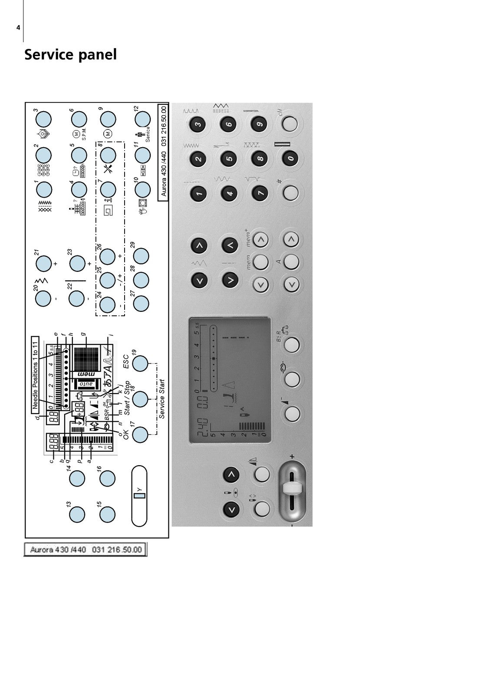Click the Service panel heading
point(70,55)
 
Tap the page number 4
point(18,28)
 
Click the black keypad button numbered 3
point(198,125)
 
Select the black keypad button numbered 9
point(259,125)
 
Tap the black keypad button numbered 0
point(290,159)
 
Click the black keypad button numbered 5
point(229,159)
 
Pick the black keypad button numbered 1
point(198,193)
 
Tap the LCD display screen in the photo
point(230,380)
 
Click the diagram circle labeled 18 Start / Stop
point(140,399)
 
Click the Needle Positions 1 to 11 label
point(35,374)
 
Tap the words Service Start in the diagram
point(162,399)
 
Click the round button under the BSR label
point(292,344)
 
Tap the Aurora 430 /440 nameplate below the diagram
point(86,549)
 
